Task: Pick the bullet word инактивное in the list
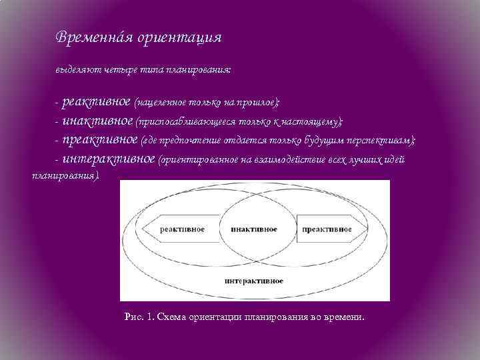pos(97,121)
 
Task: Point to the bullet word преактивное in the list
pos(101,140)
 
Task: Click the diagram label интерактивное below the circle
pos(254,281)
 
